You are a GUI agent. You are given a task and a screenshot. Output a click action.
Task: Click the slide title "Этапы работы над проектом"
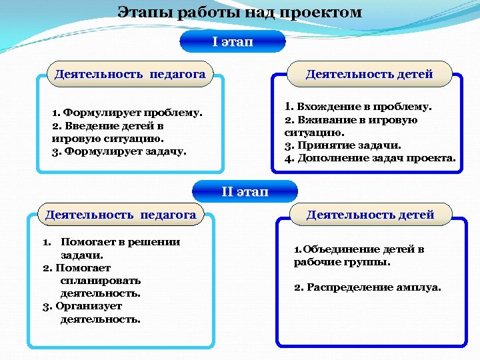click(240, 12)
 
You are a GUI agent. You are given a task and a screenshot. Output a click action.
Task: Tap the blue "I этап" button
click(233, 41)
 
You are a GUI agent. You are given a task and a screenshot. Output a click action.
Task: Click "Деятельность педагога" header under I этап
click(130, 74)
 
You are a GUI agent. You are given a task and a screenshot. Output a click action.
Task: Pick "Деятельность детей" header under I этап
click(369, 74)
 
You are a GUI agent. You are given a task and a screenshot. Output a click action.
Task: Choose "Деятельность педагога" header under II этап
click(121, 214)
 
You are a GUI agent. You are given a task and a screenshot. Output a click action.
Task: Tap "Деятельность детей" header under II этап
click(370, 214)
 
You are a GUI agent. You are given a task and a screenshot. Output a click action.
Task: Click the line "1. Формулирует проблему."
click(127, 113)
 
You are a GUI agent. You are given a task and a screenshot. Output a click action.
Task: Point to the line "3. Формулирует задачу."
click(119, 151)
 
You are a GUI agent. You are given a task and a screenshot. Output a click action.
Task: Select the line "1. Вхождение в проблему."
click(358, 107)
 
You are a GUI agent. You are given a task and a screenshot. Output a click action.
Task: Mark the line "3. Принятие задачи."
click(343, 145)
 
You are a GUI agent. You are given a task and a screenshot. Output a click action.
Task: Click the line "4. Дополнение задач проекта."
click(370, 158)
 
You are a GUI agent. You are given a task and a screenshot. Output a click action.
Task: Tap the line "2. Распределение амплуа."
click(367, 287)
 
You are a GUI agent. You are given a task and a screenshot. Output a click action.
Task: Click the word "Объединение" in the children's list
click(341, 249)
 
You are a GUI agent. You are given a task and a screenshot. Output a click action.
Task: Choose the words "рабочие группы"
click(342, 262)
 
